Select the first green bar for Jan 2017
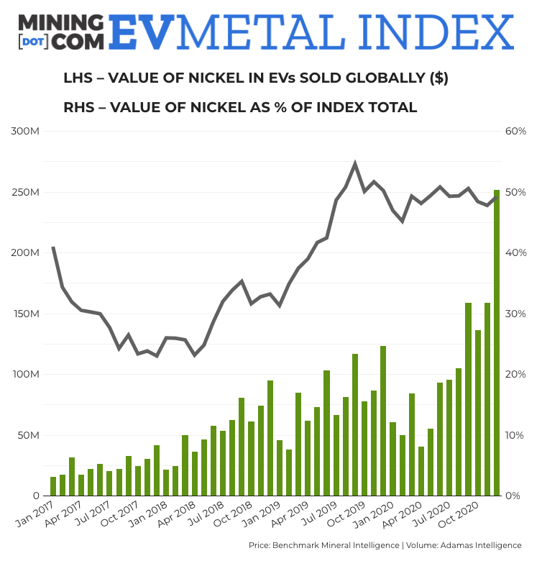tap(53, 486)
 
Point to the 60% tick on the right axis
tap(516, 132)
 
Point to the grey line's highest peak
tap(355, 164)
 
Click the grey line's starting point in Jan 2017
tap(53, 247)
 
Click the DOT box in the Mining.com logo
tap(33, 42)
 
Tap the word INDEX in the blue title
tap(439, 32)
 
